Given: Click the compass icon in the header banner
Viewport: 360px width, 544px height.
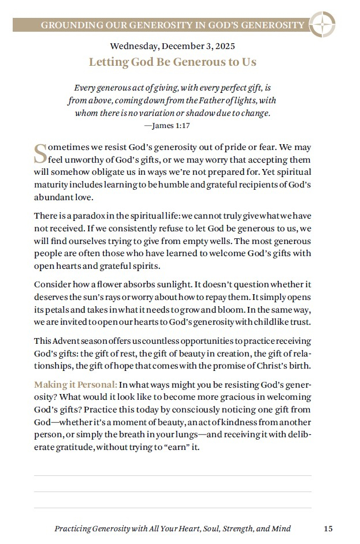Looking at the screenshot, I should (322, 25).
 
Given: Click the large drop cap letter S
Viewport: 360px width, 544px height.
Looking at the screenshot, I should (40, 153).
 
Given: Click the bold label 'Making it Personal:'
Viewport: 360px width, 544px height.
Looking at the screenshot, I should (76, 384).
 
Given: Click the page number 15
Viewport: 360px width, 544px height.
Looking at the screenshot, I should (328, 528).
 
